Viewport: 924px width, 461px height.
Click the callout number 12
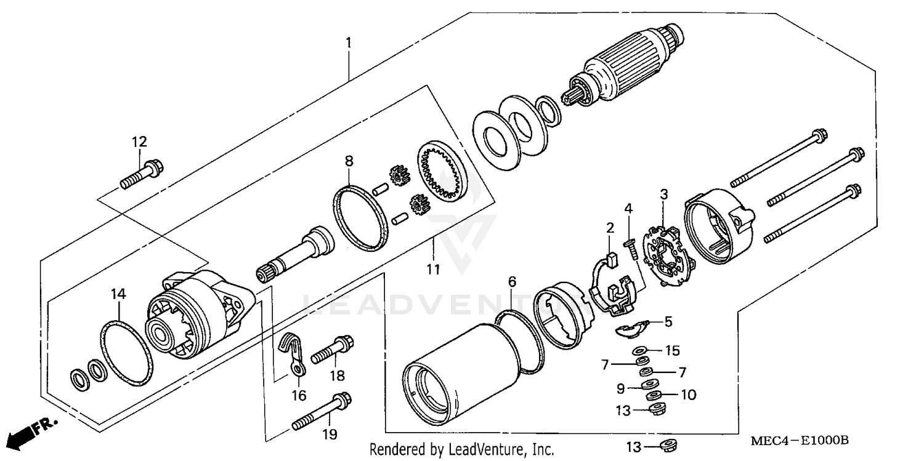tap(139, 142)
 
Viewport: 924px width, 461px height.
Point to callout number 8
tap(349, 162)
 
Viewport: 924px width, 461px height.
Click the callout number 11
tap(434, 269)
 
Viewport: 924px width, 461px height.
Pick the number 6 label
tap(512, 281)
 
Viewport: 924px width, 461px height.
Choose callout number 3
tap(663, 194)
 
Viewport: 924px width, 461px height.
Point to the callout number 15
tap(672, 351)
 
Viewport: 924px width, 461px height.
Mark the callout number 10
tap(688, 395)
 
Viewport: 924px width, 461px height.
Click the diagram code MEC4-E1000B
tap(800, 441)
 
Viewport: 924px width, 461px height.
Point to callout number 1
tap(348, 43)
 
